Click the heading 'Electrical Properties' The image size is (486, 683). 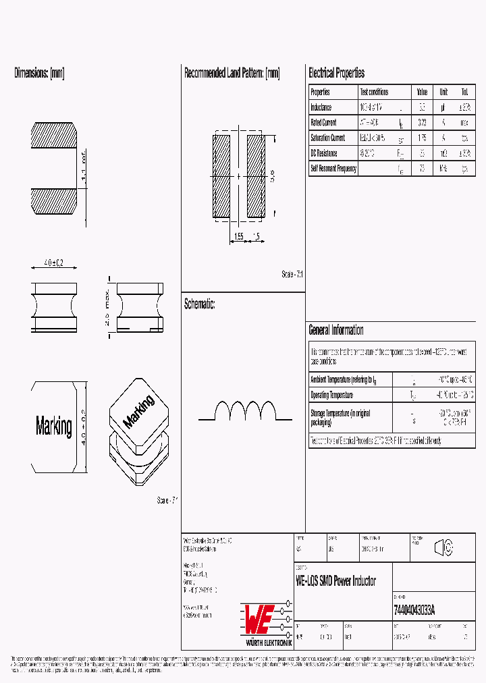336,73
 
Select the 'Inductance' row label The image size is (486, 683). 321,107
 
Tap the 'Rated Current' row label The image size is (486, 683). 323,123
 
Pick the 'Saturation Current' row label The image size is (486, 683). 327,138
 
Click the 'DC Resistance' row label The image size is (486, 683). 323,153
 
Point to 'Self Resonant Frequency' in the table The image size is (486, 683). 333,169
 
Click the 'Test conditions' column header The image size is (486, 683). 374,92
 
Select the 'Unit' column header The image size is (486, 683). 443,92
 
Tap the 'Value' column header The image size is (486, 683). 422,92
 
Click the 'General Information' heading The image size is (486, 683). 335,330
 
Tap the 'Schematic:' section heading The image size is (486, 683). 199,304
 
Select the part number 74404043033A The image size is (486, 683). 414,609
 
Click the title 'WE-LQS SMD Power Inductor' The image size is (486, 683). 335,581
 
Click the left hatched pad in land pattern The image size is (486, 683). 221,176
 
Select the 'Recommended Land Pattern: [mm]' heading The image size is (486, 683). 232,73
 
